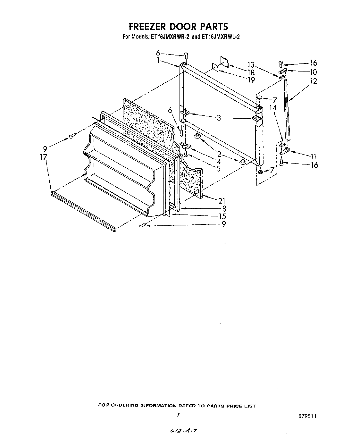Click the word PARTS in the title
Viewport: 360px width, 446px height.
(213, 26)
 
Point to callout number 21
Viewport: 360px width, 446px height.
(222, 201)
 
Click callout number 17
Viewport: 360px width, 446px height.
(44, 157)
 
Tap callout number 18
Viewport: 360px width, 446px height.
(251, 72)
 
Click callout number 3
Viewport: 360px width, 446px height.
(219, 118)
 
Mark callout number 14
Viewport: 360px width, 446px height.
(272, 108)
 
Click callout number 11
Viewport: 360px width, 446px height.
(314, 156)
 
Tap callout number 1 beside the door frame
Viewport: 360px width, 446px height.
(158, 60)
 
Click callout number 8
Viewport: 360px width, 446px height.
(224, 209)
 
